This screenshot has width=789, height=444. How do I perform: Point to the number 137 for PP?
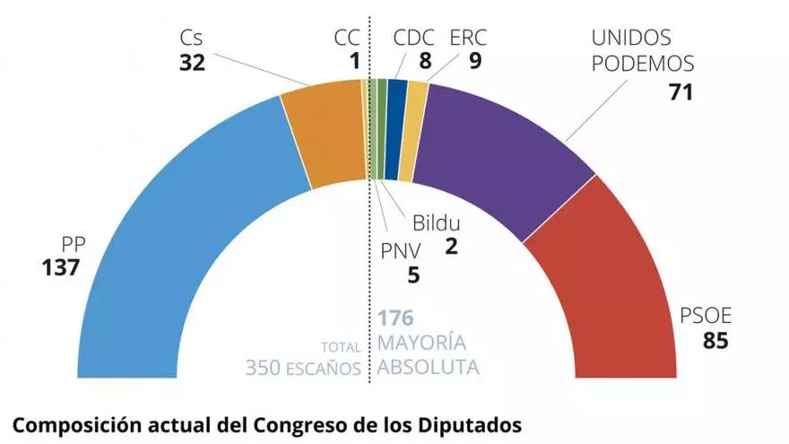coord(61,266)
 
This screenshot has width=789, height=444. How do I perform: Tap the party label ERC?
coord(469,38)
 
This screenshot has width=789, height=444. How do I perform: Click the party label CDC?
coord(414,38)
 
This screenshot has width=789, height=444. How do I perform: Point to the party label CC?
coord(348,38)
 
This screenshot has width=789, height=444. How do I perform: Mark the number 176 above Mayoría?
coord(395,318)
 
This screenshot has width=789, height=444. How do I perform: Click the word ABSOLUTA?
coord(428,367)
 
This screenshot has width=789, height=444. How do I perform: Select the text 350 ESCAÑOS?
coord(304,367)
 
